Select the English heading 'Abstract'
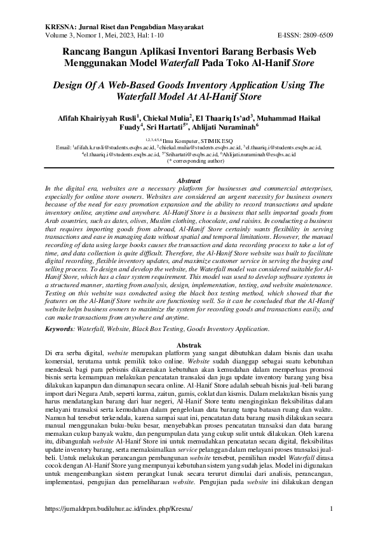coord(189,181)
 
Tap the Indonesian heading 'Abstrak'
coord(189,343)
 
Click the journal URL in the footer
coord(118,510)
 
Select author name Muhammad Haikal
coord(293,118)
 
